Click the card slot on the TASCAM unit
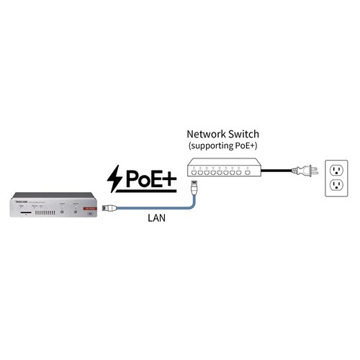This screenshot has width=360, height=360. [26, 213]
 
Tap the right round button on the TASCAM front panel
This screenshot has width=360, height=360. [76, 212]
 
